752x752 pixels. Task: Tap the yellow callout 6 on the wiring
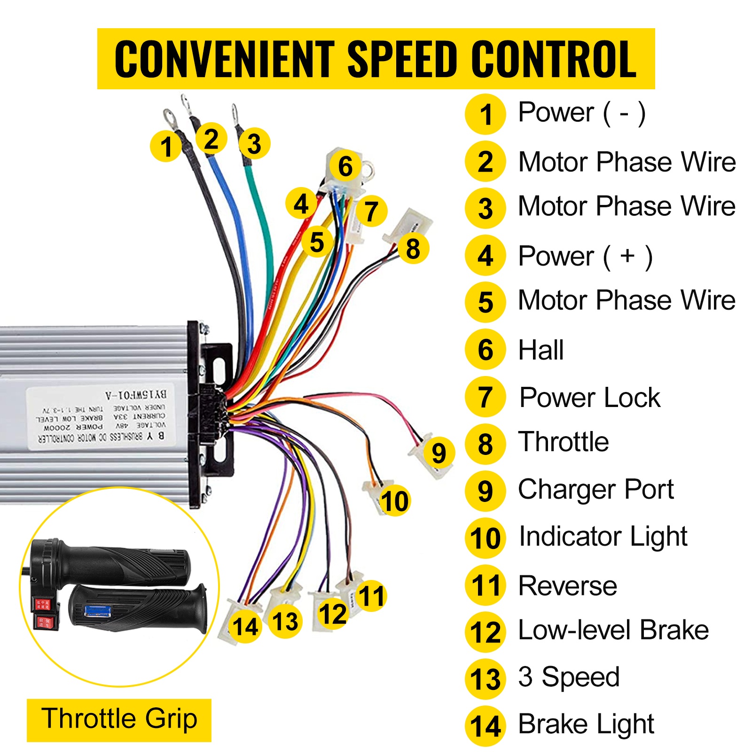[x=345, y=166]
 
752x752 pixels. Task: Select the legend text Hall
[x=540, y=350]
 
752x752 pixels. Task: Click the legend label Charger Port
[x=595, y=490]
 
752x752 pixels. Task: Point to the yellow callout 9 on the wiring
[x=439, y=453]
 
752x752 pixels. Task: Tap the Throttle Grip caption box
[x=119, y=720]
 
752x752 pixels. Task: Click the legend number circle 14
[x=486, y=726]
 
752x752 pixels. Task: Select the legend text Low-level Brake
[x=613, y=630]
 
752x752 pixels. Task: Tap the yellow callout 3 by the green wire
[x=254, y=144]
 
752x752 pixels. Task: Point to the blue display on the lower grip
[x=97, y=611]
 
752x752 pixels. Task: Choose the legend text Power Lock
[x=590, y=398]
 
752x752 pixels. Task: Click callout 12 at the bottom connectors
[x=332, y=614]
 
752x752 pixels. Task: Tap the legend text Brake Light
[x=586, y=724]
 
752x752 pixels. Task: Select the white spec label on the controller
[x=101, y=417]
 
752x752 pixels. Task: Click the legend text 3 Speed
[x=569, y=677]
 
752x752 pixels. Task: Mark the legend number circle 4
[x=486, y=256]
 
